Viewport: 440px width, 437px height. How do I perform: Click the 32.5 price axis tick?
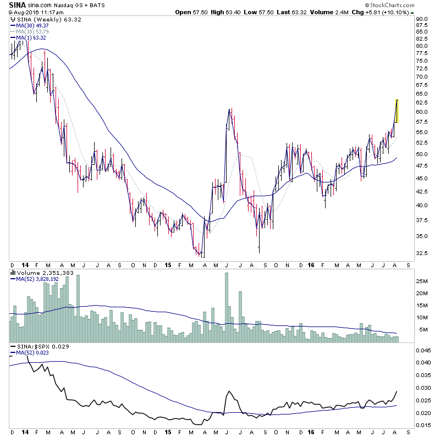pos(422,253)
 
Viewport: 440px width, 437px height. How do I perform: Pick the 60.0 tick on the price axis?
pos(422,112)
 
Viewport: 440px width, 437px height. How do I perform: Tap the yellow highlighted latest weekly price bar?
pos(397,110)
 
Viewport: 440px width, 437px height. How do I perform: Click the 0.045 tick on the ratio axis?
pos(423,350)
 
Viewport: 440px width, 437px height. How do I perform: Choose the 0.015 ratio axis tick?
pos(423,425)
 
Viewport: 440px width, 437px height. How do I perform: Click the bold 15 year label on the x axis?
pos(169,264)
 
